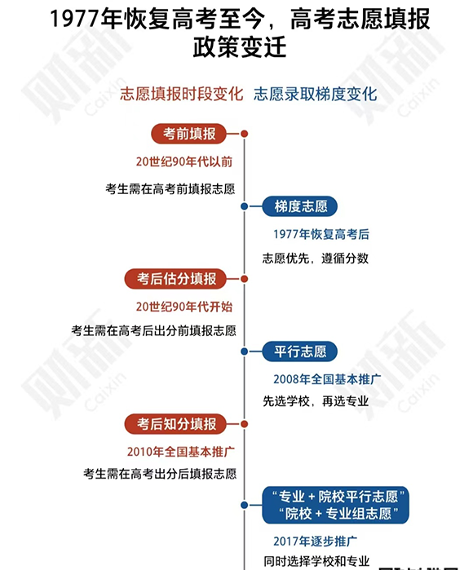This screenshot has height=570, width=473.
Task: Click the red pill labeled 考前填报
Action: pyautogui.click(x=189, y=134)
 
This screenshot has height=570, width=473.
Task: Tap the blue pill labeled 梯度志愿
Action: pyautogui.click(x=300, y=206)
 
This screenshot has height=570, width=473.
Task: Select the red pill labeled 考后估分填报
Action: pyautogui.click(x=175, y=279)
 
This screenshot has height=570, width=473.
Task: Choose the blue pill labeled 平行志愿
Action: pyautogui.click(x=300, y=351)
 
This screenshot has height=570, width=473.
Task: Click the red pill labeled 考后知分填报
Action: pyautogui.click(x=175, y=424)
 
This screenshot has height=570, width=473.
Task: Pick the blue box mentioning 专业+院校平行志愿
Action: pyautogui.click(x=335, y=505)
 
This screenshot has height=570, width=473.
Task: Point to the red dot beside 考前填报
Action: pyautogui.click(x=245, y=134)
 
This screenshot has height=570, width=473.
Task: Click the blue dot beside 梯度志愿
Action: pyautogui.click(x=245, y=206)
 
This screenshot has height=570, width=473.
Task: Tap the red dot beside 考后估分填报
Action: pyautogui.click(x=245, y=279)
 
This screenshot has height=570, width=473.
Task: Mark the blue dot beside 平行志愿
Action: pyautogui.click(x=245, y=351)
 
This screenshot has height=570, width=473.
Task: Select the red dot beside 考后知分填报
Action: pyautogui.click(x=245, y=424)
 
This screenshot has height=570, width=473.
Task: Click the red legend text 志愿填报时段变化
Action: pyautogui.click(x=181, y=94)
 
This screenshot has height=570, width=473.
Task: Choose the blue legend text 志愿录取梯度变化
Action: pyautogui.click(x=316, y=94)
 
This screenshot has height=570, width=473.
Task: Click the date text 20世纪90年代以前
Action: pyautogui.click(x=184, y=161)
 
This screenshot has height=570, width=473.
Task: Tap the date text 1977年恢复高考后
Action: pyautogui.click(x=321, y=234)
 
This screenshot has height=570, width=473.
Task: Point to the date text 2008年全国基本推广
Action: pyautogui.click(x=327, y=379)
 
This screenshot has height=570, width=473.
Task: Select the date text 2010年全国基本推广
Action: pyautogui.click(x=181, y=452)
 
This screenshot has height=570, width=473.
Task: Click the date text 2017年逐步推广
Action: pyautogui.click(x=316, y=541)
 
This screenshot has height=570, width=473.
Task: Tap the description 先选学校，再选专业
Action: pyautogui.click(x=316, y=401)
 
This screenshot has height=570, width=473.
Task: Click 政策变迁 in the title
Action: pyautogui.click(x=240, y=47)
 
